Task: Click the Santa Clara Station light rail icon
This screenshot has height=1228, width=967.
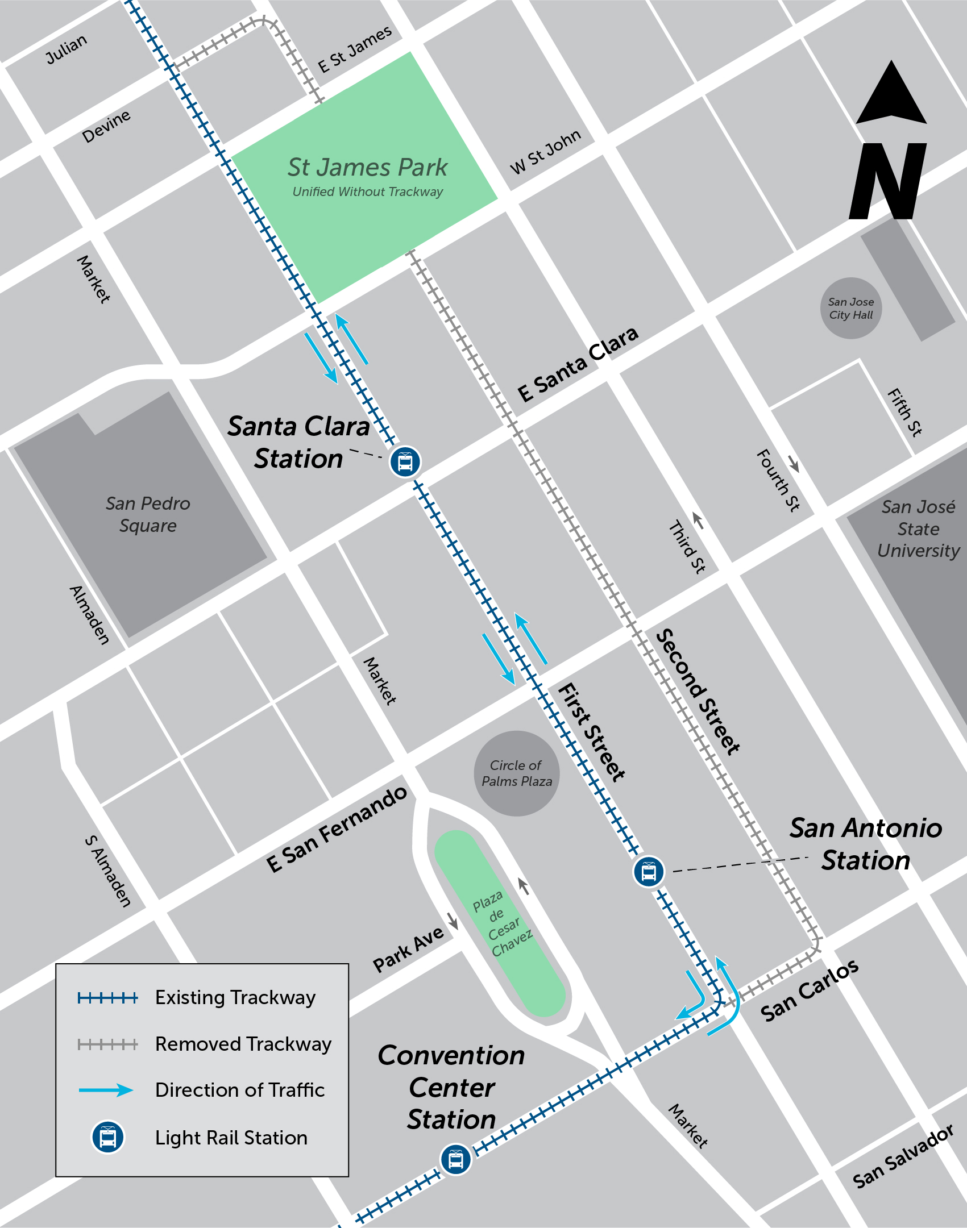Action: click(x=405, y=461)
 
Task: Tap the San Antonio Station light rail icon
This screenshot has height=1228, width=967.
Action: click(x=649, y=871)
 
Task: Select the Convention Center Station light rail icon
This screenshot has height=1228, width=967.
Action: click(x=455, y=1159)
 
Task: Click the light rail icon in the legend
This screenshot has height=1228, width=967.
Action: click(x=107, y=1137)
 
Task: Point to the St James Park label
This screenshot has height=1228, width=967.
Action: click(x=367, y=168)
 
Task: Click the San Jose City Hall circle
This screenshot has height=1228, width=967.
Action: click(x=850, y=308)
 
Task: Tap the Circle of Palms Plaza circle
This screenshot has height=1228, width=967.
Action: click(x=516, y=773)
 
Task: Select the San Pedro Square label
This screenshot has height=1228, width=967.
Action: click(x=148, y=514)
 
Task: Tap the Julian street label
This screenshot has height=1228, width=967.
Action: click(x=67, y=49)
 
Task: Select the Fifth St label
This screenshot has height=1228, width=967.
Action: click(x=904, y=411)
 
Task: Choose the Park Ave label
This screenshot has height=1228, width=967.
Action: click(x=408, y=950)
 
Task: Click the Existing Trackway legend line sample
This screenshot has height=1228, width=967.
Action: click(x=107, y=998)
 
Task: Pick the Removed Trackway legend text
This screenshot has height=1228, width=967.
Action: click(x=243, y=1044)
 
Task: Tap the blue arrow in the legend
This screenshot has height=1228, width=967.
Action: click(x=106, y=1090)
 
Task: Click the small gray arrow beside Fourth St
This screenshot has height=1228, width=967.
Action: click(x=794, y=464)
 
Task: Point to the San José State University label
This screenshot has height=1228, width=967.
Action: click(x=918, y=528)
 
